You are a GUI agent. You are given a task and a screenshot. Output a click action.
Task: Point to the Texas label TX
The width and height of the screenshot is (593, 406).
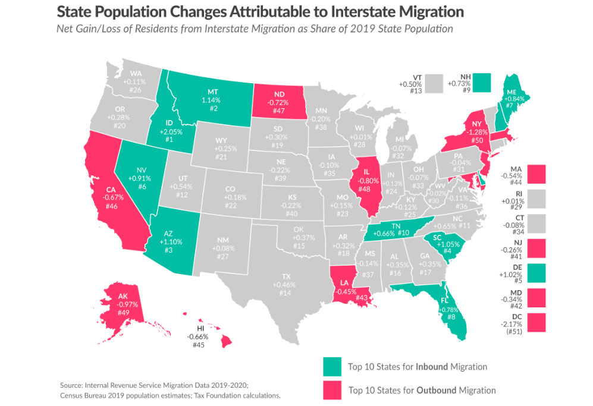click(x=286, y=276)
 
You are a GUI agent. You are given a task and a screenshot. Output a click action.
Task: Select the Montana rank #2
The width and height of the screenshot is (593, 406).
click(x=212, y=109)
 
